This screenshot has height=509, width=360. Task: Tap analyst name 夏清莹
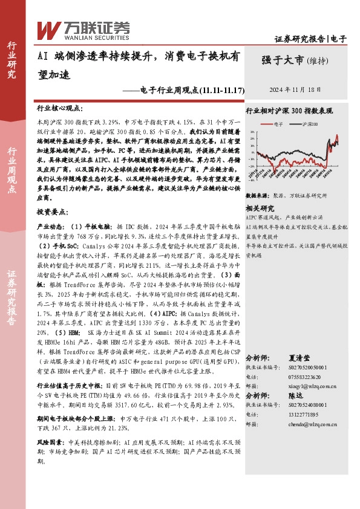[299, 358]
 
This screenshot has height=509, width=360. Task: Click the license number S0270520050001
[299, 367]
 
